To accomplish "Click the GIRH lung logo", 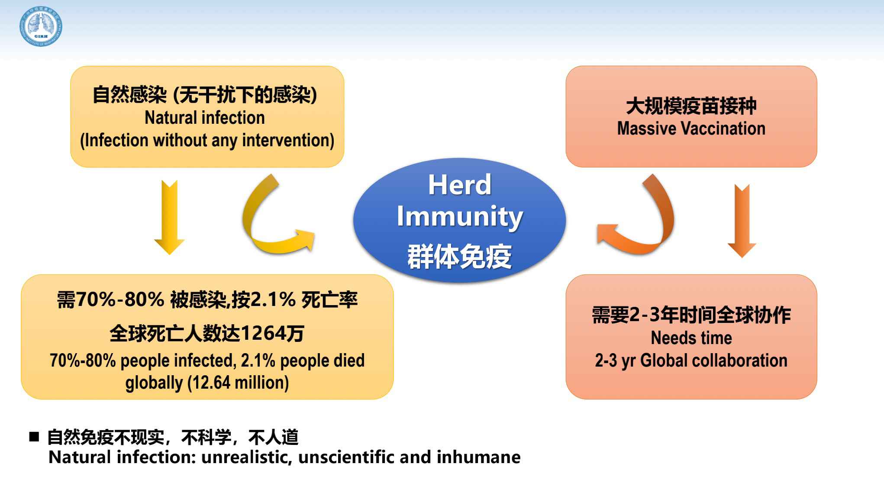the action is pyautogui.click(x=41, y=26).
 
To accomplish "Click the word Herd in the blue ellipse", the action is pyautogui.click(x=460, y=185).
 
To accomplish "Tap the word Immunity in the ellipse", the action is pyautogui.click(x=460, y=217).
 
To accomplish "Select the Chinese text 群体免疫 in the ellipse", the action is pyautogui.click(x=460, y=256).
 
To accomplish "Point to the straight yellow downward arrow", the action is pyautogui.click(x=169, y=217).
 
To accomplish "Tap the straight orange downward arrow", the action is pyautogui.click(x=742, y=221).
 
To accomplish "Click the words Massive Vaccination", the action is pyautogui.click(x=691, y=129).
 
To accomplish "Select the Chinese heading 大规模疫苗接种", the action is pyautogui.click(x=691, y=106).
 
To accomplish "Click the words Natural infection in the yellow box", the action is pyautogui.click(x=205, y=118).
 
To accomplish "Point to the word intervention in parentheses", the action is pyautogui.click(x=285, y=140).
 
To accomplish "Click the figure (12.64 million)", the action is pyautogui.click(x=238, y=383).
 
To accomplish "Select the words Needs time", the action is pyautogui.click(x=691, y=338).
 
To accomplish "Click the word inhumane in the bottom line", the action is pyautogui.click(x=478, y=457).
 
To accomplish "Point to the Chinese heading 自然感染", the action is pyautogui.click(x=130, y=95).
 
